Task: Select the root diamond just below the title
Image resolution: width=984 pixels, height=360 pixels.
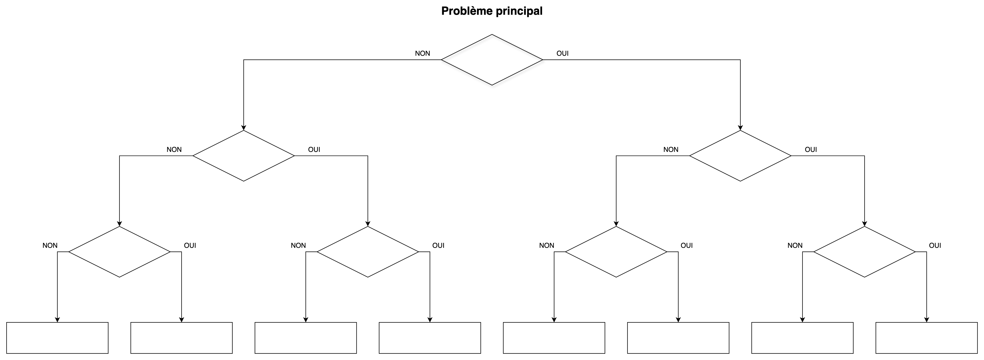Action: click(492, 60)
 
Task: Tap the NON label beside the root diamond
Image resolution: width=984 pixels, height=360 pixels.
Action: click(423, 53)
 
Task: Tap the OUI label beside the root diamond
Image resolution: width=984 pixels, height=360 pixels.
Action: click(562, 53)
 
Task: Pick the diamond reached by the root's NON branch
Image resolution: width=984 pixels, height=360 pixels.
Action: click(244, 155)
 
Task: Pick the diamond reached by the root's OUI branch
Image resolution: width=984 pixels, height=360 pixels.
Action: click(740, 155)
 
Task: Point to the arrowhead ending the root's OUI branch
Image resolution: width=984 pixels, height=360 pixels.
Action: click(740, 128)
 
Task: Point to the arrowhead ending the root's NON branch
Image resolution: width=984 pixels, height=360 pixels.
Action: click(244, 128)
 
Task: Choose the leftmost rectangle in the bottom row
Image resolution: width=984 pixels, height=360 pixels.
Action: click(57, 338)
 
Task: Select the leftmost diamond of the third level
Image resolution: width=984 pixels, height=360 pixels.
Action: click(120, 252)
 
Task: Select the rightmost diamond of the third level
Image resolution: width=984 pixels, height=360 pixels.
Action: click(864, 252)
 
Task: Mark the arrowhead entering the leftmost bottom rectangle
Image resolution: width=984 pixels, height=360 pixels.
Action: click(57, 320)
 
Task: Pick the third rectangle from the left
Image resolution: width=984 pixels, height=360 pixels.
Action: click(306, 338)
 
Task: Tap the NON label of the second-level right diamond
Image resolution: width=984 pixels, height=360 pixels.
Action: click(671, 149)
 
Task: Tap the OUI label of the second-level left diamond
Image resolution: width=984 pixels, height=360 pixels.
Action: click(314, 149)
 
